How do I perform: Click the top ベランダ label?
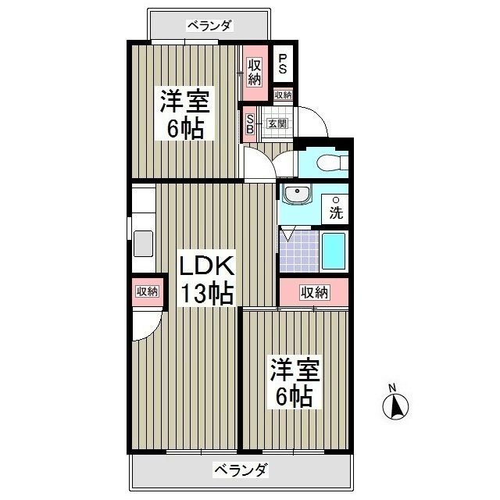coord(209,25)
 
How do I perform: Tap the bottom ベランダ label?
coord(241,470)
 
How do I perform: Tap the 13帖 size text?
coord(207,294)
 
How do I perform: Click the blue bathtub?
coord(334,252)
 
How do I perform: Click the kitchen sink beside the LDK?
coord(145,242)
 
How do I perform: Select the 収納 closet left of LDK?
coord(147,291)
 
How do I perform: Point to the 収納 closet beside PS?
coord(255,71)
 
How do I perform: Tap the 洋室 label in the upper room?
coord(184,102)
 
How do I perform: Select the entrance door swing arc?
coord(317,120)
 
